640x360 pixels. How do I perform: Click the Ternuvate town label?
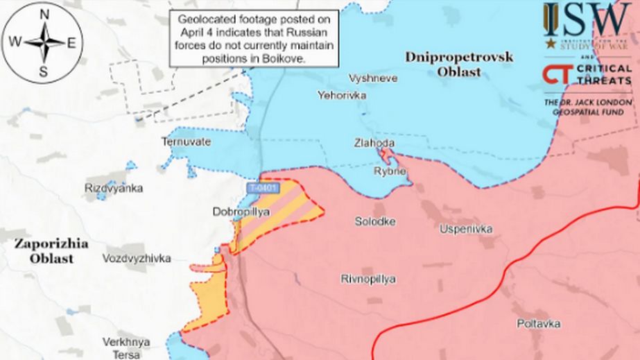tap(186, 142)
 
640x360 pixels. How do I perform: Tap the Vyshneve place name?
tap(374, 78)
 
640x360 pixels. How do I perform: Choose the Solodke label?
tap(375, 221)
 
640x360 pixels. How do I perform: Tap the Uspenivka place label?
tap(466, 228)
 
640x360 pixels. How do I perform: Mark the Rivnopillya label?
tap(369, 279)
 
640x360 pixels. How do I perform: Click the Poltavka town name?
tap(539, 323)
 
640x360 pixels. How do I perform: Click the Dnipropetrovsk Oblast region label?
tap(461, 64)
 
